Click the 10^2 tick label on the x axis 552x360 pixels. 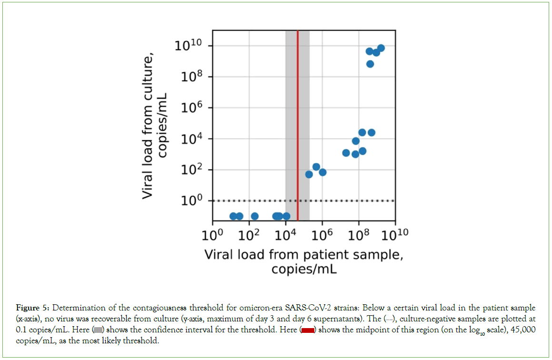pos(249,235)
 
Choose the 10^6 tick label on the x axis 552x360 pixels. pos(322,235)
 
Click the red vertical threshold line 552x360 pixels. pos(298,119)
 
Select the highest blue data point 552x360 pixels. pos(381,48)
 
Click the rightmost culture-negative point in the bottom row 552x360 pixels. pos(286,216)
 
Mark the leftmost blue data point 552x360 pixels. pos(233,216)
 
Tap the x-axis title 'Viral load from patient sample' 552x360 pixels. pos(304,254)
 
